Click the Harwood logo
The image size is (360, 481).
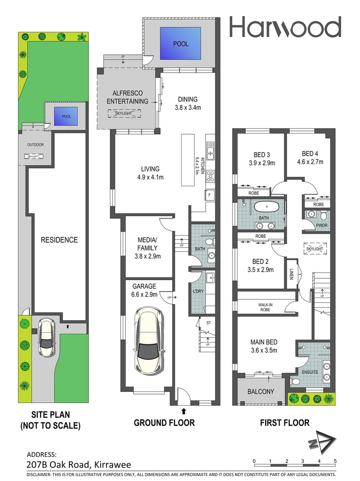coord(285,27)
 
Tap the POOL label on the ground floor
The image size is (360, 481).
coord(181,44)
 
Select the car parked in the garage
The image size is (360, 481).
coord(149,341)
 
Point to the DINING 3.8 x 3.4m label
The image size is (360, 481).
coord(187,103)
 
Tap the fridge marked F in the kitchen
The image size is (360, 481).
coord(208,195)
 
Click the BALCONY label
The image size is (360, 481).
coord(261,391)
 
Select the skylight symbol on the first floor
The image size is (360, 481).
coord(315,249)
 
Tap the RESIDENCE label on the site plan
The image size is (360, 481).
coord(59,240)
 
